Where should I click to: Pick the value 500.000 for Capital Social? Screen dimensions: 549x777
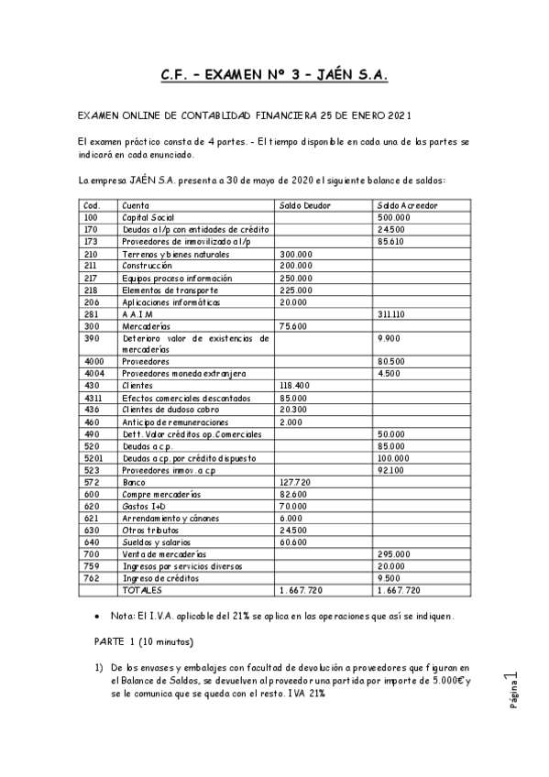[x=393, y=217]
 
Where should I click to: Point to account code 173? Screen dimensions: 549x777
[x=90, y=241]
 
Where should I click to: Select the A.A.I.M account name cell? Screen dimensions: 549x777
[x=137, y=313]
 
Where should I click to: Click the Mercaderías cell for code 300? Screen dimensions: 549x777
[x=146, y=325]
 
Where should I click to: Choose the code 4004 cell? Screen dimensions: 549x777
[x=93, y=373]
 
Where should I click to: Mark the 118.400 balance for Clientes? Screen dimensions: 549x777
[x=297, y=385]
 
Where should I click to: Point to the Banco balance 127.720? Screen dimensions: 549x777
[x=297, y=481]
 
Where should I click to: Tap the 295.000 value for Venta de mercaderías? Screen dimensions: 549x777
[x=393, y=553]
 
